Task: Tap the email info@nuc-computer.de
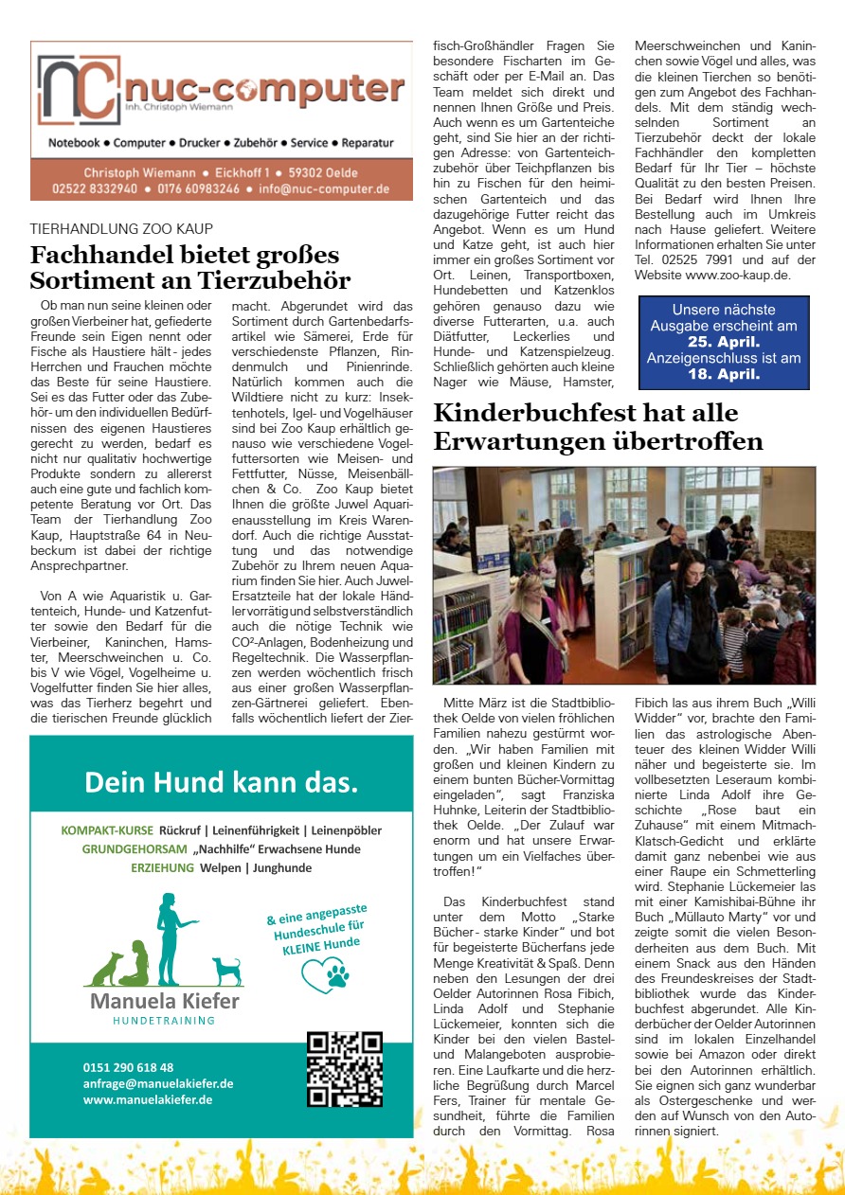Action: [x=324, y=188]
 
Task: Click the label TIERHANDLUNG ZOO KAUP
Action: [x=121, y=228]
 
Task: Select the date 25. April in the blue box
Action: [x=724, y=342]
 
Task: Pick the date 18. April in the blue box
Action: [x=724, y=374]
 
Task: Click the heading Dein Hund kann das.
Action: [x=221, y=782]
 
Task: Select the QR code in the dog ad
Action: [x=345, y=1069]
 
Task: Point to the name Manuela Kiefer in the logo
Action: [x=165, y=1001]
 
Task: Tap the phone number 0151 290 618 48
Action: [x=128, y=1067]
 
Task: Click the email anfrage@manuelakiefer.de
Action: [x=158, y=1083]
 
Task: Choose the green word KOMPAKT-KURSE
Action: [x=106, y=830]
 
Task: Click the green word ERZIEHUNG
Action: [x=163, y=867]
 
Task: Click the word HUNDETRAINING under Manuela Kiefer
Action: [x=164, y=1021]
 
